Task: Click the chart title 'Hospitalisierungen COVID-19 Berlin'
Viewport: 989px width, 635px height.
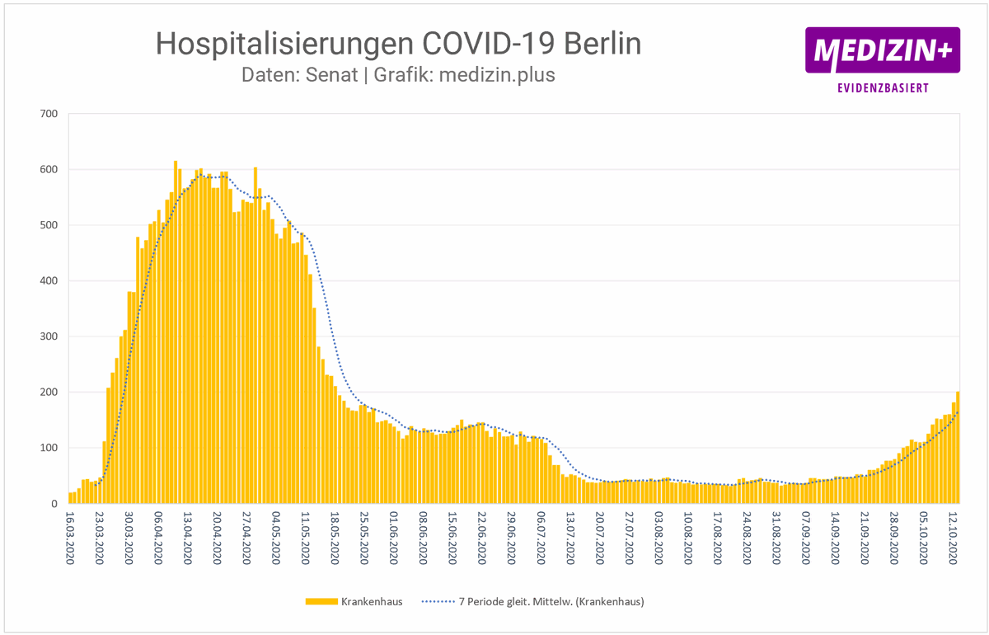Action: click(398, 44)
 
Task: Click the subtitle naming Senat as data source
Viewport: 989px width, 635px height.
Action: click(398, 74)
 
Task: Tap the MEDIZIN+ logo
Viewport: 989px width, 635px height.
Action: click(882, 50)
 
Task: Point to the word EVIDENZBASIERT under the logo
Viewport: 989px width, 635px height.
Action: click(882, 87)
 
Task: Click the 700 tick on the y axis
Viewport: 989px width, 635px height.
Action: click(49, 114)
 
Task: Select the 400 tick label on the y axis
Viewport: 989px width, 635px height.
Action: click(49, 281)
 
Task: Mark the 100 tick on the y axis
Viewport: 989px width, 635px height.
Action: click(49, 448)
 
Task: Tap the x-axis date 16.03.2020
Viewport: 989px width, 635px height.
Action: click(72, 537)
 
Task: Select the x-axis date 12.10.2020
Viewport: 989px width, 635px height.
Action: click(956, 537)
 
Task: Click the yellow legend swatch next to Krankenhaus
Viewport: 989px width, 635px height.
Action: click(321, 602)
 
